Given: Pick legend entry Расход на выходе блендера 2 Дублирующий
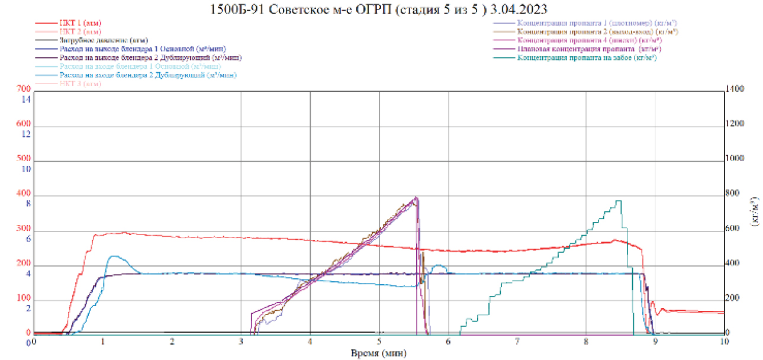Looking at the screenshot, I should [150, 58].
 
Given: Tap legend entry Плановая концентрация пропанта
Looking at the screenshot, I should [589, 49].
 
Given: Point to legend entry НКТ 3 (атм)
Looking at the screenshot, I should [80, 84].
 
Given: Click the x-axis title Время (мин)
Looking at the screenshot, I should [378, 352].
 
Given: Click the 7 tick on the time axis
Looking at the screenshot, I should [517, 342].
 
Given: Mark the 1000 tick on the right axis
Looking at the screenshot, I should [738, 159].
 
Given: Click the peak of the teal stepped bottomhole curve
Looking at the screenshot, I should [618, 201].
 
